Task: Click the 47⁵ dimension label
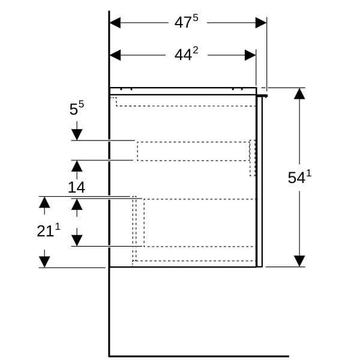coord(186,22)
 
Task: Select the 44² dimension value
coord(186,54)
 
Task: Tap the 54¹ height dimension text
coord(299,177)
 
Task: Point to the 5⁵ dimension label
coord(77,108)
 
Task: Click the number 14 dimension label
coord(76,187)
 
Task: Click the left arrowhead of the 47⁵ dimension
coord(115,23)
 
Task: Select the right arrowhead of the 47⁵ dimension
coord(261,23)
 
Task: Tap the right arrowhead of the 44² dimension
coord(250,55)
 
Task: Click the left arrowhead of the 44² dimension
coord(115,55)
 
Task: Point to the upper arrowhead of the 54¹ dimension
coord(299,94)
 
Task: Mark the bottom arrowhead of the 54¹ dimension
coord(299,261)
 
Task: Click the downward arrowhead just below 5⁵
coord(77,134)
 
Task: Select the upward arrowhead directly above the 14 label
coord(77,166)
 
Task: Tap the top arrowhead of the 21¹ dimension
coord(44,202)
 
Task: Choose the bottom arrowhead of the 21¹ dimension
coord(44,262)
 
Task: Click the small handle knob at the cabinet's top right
coord(262,96)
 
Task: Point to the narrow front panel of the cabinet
coord(260,182)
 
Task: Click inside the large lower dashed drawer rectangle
coord(200,223)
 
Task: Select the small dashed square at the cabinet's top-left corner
coord(113,101)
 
